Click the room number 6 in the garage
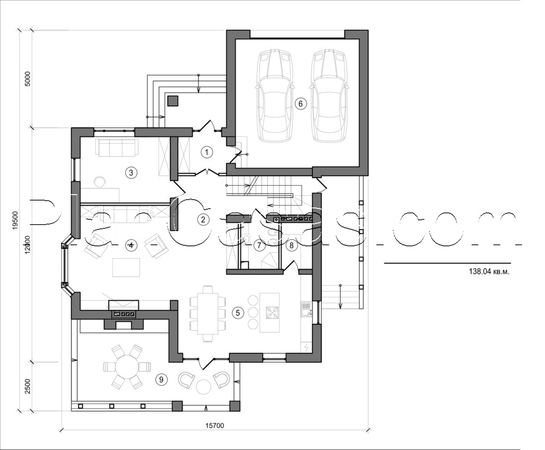click(x=300, y=104)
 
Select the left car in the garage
click(x=275, y=96)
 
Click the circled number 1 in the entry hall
click(x=207, y=153)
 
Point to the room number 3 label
click(x=129, y=172)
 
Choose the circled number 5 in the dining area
click(x=238, y=313)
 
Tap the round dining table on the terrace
click(x=127, y=367)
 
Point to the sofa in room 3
click(x=116, y=148)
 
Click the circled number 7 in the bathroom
click(x=259, y=245)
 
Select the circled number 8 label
click(x=291, y=245)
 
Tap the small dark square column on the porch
click(x=172, y=101)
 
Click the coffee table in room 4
click(x=127, y=267)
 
